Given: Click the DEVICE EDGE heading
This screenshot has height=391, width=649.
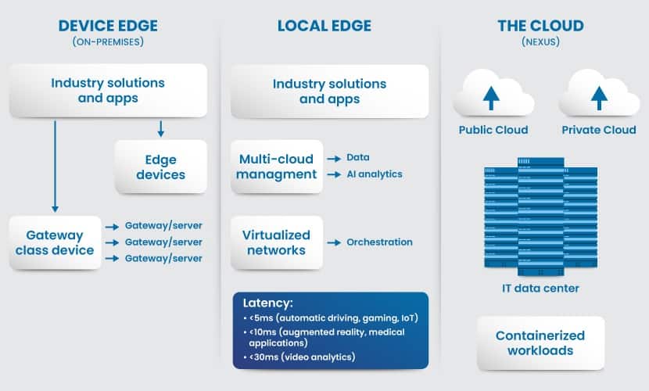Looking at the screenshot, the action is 108,26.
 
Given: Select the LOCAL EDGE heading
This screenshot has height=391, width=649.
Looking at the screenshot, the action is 324,26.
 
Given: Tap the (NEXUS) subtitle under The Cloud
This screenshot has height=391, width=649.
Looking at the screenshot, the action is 540,41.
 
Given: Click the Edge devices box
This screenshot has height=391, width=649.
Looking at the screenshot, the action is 160,167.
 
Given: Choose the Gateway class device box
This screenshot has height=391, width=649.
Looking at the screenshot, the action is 55,243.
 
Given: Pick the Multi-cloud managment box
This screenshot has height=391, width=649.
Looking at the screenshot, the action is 277,167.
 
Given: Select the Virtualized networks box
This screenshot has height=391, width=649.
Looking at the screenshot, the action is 277,243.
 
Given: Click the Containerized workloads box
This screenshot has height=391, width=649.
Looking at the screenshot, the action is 540,343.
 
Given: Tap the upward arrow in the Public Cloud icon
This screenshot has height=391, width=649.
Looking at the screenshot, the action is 491,98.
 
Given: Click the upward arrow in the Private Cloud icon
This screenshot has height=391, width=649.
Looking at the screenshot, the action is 599,98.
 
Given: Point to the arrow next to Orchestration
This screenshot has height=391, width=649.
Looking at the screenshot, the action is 334,242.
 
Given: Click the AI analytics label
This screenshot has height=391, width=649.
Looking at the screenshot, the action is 375,174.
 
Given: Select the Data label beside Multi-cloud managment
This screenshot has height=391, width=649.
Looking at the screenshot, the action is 358,157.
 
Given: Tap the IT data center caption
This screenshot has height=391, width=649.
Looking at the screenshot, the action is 540,289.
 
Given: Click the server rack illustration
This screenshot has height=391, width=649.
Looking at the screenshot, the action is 540,217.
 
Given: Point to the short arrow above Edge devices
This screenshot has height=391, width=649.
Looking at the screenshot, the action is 160,129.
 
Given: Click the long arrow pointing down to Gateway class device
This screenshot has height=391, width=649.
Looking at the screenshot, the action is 55,167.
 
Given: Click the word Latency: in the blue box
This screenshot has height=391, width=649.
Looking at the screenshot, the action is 267,303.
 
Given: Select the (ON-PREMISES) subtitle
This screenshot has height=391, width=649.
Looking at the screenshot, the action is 108,41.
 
